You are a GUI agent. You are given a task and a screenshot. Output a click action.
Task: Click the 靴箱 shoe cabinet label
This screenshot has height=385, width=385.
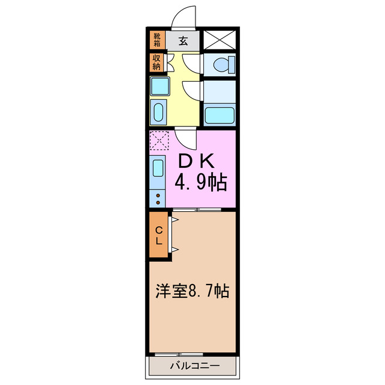[156, 40]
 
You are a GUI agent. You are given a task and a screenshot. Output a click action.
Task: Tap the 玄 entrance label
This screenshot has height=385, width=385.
[183, 41]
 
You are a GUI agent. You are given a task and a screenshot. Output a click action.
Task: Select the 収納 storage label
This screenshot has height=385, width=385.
[156, 63]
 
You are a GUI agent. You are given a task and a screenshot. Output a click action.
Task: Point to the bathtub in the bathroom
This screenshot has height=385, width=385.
[220, 114]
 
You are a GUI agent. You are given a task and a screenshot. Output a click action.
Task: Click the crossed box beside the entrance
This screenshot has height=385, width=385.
[220, 40]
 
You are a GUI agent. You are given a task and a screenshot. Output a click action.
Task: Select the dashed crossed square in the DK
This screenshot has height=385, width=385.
[161, 141]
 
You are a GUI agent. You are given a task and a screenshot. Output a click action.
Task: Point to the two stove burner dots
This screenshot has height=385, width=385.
[158, 199]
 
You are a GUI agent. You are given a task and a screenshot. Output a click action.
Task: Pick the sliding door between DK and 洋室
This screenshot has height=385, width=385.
[197, 209]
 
